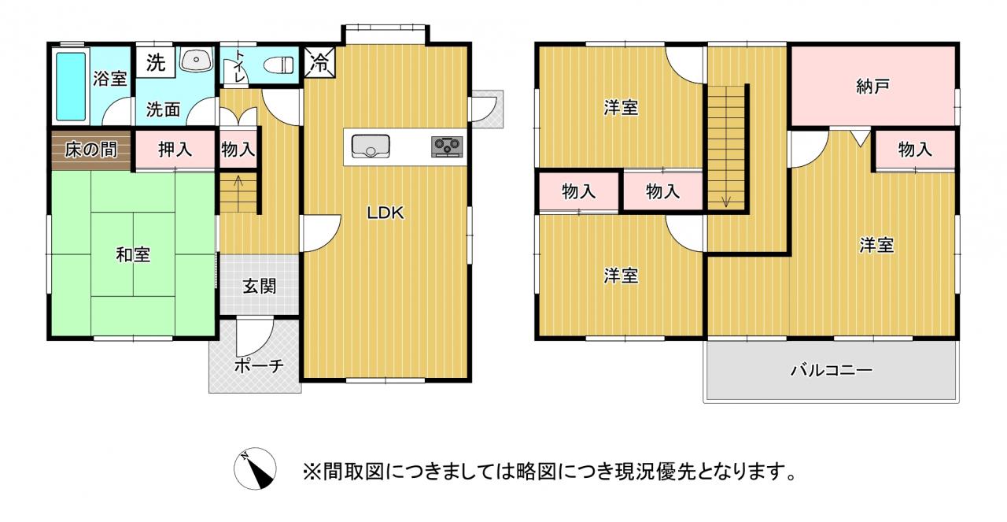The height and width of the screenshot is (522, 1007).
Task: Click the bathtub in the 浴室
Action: click(71, 87)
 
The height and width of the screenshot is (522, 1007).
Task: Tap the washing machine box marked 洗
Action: click(156, 62)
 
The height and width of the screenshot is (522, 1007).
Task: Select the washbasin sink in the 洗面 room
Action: click(196, 60)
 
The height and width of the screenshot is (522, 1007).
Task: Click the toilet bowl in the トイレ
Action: click(278, 65)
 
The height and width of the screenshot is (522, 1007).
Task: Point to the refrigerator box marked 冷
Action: click(319, 62)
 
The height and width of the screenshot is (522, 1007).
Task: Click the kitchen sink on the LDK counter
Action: click(371, 146)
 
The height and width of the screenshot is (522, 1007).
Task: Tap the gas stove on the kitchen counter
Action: click(447, 146)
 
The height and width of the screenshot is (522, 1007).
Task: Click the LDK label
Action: click(385, 213)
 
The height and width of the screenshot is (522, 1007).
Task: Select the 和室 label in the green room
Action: click(133, 254)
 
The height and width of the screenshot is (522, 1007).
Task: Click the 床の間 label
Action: click(91, 150)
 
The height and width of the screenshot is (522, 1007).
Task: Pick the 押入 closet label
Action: click(175, 150)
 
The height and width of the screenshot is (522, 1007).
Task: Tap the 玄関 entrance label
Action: click(260, 287)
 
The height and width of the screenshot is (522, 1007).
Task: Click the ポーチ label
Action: click(260, 366)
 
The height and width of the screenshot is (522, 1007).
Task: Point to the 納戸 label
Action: click(873, 87)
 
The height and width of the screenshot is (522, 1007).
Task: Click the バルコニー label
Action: click(832, 370)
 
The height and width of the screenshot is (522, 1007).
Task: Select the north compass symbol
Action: click(255, 468)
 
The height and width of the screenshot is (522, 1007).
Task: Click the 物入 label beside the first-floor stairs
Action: click(238, 150)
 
